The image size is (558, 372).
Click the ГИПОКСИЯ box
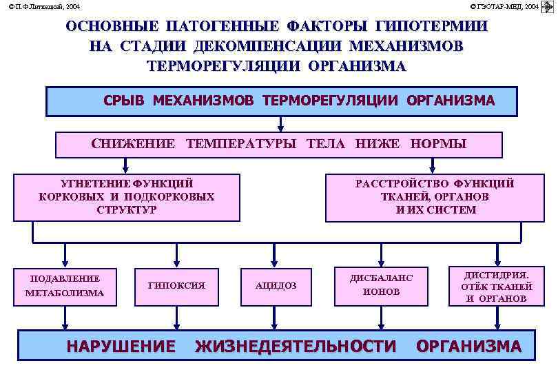tap(177, 285)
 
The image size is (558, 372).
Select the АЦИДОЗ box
tap(276, 285)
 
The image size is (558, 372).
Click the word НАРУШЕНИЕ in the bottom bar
tap(121, 346)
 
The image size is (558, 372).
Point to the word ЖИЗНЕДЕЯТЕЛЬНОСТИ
tap(296, 346)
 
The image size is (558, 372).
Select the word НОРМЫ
tap(438, 144)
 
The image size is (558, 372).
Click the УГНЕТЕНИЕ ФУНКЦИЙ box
tap(127, 197)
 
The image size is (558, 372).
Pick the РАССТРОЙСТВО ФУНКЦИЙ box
tap(435, 197)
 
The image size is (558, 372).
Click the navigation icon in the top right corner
tap(548, 7)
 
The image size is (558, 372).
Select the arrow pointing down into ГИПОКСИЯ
tap(177, 256)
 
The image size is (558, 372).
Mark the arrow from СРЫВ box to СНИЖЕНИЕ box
tap(280, 124)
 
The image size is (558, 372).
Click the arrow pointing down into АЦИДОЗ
tap(276, 256)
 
